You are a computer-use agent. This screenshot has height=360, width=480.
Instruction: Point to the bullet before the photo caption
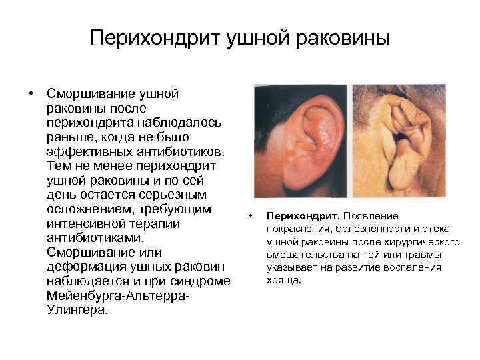tap(250, 216)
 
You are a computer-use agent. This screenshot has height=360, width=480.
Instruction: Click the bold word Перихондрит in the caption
tap(303, 216)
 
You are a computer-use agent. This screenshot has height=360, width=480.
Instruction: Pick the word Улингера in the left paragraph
tap(77, 311)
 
